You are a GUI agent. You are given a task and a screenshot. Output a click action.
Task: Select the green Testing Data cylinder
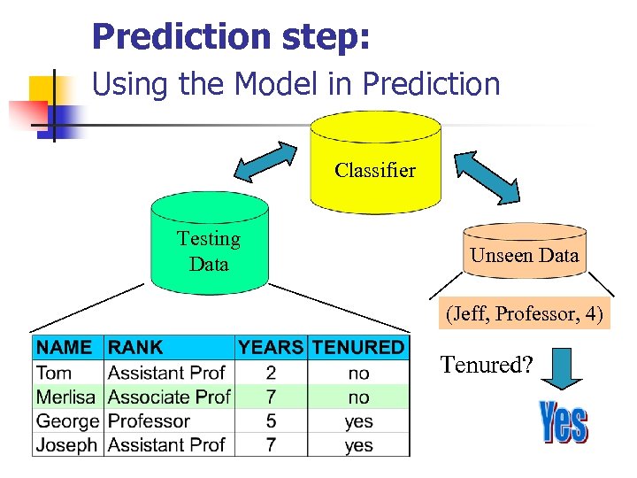point(209,248)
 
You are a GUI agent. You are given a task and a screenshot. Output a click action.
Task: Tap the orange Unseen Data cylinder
point(525,256)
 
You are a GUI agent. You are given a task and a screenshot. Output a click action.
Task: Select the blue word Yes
point(563,422)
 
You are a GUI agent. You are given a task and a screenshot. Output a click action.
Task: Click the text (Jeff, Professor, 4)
point(526,314)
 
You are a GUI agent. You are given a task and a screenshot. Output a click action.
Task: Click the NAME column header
point(64,348)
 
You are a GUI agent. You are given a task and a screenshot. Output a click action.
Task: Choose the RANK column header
point(135,348)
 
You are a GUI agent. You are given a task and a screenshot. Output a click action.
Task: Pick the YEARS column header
point(271,348)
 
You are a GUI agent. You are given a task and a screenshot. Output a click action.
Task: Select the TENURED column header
point(358,348)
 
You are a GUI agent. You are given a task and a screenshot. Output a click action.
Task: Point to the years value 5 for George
point(271,421)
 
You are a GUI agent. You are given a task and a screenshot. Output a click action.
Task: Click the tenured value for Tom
point(358,374)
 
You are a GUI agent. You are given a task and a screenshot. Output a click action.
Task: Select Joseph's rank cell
point(166,444)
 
